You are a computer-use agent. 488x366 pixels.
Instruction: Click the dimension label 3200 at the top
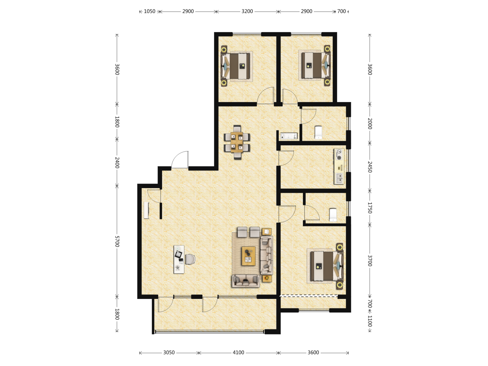(247, 11)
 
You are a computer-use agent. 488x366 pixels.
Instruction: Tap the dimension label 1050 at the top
(149, 11)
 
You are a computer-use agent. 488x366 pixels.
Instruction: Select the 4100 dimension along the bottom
(238, 352)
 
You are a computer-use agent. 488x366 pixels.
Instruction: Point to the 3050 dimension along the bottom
(169, 352)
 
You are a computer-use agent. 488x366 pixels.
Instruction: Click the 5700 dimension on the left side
(117, 241)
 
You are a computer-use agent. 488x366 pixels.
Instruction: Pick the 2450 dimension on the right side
(369, 167)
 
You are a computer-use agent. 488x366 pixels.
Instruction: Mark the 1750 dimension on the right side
(369, 208)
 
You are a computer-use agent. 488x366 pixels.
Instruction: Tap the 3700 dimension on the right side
(369, 261)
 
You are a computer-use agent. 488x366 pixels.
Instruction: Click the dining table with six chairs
(237, 142)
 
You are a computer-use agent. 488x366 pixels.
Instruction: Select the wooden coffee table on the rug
(248, 256)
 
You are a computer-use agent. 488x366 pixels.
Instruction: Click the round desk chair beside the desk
(190, 259)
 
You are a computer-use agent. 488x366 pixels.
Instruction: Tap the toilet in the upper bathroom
(318, 133)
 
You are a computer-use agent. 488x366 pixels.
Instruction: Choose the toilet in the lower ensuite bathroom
(333, 215)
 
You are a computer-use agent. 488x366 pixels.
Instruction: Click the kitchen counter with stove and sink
(339, 166)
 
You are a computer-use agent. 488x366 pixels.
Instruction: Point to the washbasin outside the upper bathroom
(289, 136)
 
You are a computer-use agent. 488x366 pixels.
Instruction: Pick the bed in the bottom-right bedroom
(325, 266)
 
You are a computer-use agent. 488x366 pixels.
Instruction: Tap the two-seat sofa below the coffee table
(246, 281)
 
